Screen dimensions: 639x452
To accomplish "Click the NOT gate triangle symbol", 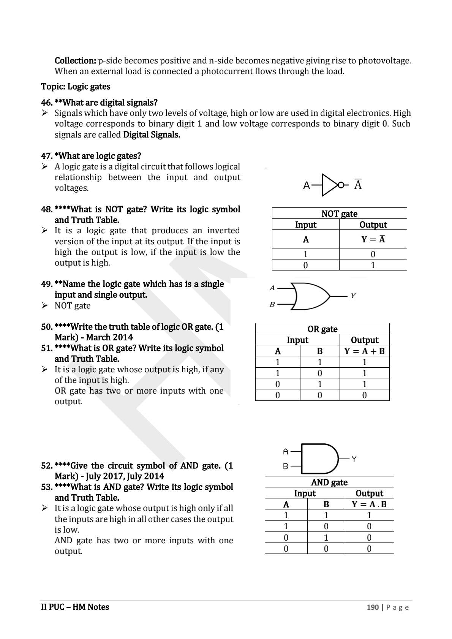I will [x=330, y=185].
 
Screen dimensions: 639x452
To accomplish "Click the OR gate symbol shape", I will [x=312, y=296].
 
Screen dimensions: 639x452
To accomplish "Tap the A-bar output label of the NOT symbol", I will [x=358, y=185].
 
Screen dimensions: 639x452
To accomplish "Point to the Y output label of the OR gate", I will [x=353, y=296].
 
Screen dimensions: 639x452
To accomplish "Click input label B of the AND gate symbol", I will [x=286, y=466].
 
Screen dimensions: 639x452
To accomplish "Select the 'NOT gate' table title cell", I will [x=339, y=214].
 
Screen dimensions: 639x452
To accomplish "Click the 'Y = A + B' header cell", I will [x=364, y=351].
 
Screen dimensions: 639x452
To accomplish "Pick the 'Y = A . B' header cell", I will [x=369, y=504].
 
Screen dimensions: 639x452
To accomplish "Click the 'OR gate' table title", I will [x=322, y=329].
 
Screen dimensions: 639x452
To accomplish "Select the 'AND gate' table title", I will [x=329, y=482].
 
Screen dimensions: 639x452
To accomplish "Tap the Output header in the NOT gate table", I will [x=373, y=225].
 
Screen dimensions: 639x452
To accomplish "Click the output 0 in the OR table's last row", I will [x=364, y=395].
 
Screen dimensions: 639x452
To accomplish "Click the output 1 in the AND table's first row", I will [x=369, y=515].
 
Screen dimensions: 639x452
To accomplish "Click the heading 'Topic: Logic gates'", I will [x=76, y=87].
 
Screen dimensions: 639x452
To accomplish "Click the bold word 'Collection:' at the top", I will [x=75, y=60].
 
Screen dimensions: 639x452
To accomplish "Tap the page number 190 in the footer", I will [x=372, y=607].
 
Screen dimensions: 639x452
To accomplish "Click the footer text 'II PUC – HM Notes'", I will [x=75, y=607].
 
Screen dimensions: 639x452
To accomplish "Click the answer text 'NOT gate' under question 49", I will [x=73, y=305].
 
